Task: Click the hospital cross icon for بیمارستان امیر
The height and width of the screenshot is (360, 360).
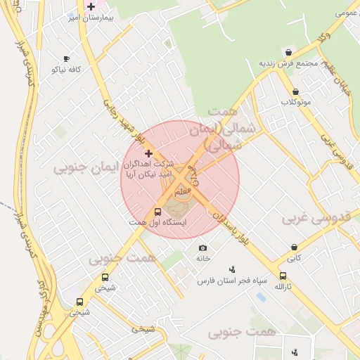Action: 91,6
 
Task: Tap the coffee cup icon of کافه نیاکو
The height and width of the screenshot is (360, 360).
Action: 67,59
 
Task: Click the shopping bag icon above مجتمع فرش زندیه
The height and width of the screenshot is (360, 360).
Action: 288,53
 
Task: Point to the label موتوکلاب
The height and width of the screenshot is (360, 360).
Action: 296,103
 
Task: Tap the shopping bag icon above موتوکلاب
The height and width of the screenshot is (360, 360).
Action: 295,91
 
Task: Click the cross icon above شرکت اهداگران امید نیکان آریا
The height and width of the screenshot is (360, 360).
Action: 148,153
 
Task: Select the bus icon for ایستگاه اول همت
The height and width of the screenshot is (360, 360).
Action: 157,211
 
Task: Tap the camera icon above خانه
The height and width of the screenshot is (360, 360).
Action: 203,247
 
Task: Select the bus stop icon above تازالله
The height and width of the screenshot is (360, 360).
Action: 283,276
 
